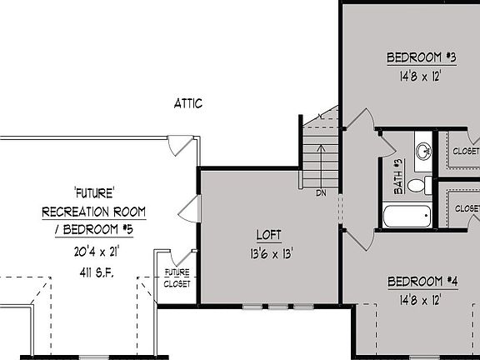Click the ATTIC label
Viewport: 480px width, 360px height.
187,104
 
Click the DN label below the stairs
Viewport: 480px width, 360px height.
321,193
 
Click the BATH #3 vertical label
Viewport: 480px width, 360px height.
398,177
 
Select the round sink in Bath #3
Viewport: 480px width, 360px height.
423,151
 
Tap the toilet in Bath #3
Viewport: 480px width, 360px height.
425,184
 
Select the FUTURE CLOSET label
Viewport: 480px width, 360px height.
177,277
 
